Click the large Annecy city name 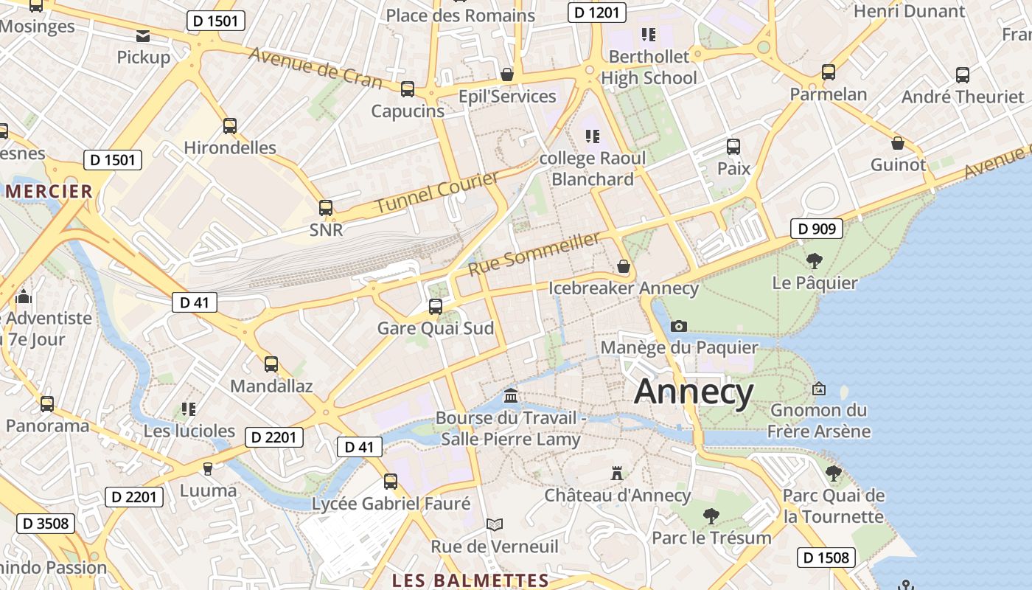click(x=694, y=392)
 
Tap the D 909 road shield click(x=817, y=229)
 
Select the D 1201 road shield click(x=597, y=12)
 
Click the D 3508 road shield click(x=46, y=524)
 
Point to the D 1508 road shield click(x=826, y=558)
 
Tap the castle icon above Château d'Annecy click(x=617, y=473)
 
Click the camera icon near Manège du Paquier click(x=679, y=326)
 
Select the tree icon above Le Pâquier click(x=815, y=260)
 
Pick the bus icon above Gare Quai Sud click(x=436, y=306)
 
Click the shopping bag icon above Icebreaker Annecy click(x=624, y=266)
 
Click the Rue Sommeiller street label click(x=534, y=253)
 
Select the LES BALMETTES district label click(x=470, y=580)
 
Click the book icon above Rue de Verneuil click(x=495, y=524)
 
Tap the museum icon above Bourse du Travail click(x=511, y=396)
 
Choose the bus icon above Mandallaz click(x=271, y=364)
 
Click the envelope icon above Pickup click(x=143, y=35)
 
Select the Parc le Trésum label click(x=711, y=538)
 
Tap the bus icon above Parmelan click(x=829, y=72)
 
